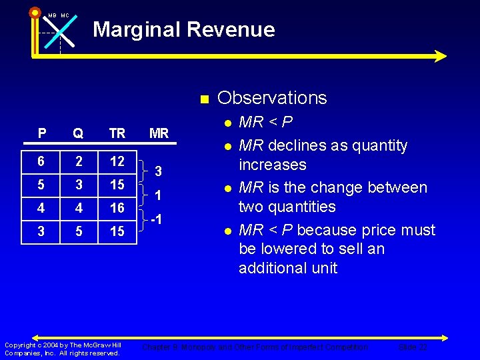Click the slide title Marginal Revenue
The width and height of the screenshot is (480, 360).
(x=183, y=29)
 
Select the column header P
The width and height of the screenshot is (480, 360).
(x=42, y=133)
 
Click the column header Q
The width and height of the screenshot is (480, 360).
(x=78, y=133)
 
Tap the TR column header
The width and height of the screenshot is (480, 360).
(x=117, y=133)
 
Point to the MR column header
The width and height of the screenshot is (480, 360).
(x=159, y=133)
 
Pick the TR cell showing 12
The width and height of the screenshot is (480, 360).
(x=117, y=162)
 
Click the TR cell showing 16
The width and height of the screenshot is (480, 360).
(x=117, y=209)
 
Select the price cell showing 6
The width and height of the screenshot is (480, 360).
(x=42, y=162)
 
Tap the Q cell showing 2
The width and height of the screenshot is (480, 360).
(x=78, y=162)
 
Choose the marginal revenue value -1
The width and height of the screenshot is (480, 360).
(x=157, y=220)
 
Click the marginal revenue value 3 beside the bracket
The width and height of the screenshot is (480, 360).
(x=158, y=172)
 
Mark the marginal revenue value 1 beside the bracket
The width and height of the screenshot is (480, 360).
(x=158, y=196)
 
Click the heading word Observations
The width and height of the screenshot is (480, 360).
(x=272, y=98)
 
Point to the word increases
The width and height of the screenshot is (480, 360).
(x=272, y=165)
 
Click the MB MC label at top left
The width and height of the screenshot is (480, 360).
(x=58, y=15)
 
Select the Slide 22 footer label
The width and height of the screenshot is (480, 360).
(x=413, y=347)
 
